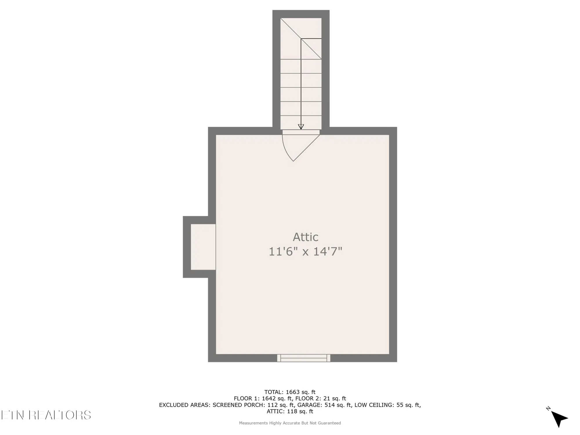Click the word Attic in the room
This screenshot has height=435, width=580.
tap(305, 237)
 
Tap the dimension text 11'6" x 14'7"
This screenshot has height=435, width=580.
tap(305, 251)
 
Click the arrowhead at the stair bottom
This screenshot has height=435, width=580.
tap(301, 127)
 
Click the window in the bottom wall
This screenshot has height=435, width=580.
tap(304, 358)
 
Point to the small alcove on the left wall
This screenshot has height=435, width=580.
tap(203, 247)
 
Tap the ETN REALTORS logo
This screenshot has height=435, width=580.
tap(46, 415)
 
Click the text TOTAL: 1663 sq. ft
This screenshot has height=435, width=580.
tap(290, 392)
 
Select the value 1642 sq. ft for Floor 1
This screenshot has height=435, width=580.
tap(278, 398)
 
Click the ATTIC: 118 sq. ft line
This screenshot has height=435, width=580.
tap(290, 411)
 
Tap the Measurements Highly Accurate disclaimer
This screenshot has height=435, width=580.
tap(290, 423)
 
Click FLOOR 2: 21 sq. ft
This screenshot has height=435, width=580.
tap(320, 398)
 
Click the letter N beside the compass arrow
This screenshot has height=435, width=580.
tap(548, 408)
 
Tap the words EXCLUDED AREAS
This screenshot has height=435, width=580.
tap(185, 405)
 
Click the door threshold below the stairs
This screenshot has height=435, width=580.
tap(301, 132)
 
